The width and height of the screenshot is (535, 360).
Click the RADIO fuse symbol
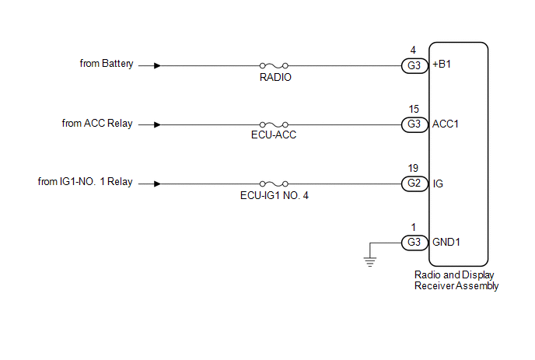point(274,65)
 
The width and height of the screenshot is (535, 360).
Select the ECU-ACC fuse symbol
point(274,124)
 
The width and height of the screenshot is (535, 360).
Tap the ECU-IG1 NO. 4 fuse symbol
point(274,183)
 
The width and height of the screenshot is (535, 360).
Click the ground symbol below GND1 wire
point(370,261)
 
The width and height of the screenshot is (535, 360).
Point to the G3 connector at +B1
point(414,65)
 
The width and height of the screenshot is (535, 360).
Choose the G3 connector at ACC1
point(414,124)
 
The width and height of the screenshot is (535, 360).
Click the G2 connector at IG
point(414,183)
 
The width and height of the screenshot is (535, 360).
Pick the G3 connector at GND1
point(414,243)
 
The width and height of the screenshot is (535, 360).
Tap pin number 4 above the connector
point(413,51)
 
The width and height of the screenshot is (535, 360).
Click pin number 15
point(414,109)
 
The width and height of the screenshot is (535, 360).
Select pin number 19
point(413,168)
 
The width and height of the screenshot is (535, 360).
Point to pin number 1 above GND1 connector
point(414,227)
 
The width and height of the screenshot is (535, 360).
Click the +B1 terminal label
point(442,65)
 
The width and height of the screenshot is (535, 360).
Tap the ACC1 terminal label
point(446,124)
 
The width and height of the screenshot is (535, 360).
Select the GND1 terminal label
point(446,242)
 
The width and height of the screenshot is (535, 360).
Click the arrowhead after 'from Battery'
point(157,65)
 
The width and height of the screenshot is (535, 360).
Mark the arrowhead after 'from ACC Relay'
point(157,124)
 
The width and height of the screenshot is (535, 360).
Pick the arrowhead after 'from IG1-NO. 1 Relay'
point(157,183)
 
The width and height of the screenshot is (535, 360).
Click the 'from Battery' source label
point(107,64)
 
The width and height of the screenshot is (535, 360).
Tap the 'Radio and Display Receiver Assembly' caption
point(456,281)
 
